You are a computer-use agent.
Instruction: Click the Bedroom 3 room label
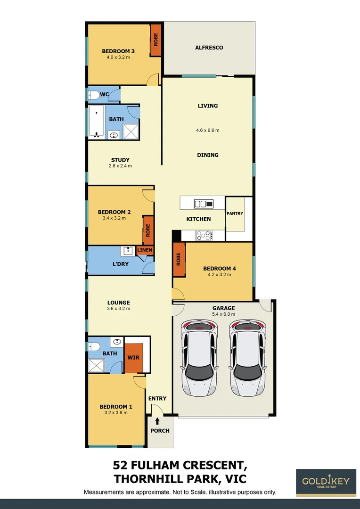click(x=118, y=51)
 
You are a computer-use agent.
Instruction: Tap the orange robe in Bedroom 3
click(x=155, y=41)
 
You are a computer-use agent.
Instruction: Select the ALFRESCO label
click(x=209, y=48)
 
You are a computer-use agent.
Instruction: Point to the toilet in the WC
click(x=94, y=95)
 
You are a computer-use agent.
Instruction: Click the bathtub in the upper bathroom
click(x=97, y=122)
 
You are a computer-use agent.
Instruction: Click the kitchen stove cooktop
click(x=204, y=235)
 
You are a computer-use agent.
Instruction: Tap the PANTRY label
click(x=235, y=213)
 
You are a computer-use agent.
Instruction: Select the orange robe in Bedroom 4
click(x=179, y=260)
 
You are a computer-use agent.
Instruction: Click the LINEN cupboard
click(x=145, y=250)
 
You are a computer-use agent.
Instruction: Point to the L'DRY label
click(x=120, y=264)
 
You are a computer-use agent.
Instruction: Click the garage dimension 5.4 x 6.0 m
click(x=223, y=314)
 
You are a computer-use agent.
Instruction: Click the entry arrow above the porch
click(x=157, y=420)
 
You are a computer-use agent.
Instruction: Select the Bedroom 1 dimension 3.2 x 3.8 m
click(x=115, y=413)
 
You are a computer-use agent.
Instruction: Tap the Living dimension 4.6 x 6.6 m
click(x=208, y=131)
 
